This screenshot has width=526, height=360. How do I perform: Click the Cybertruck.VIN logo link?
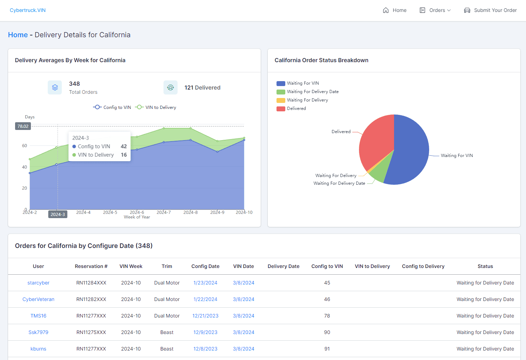click(28, 10)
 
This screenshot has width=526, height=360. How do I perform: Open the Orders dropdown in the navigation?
click(435, 10)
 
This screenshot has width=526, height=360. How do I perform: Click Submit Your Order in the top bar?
click(490, 10)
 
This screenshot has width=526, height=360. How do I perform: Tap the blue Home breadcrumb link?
click(18, 34)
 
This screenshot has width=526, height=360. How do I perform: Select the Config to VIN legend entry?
click(112, 107)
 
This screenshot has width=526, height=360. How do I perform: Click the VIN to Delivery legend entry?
click(156, 107)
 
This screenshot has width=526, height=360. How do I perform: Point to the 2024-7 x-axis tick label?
click(164, 212)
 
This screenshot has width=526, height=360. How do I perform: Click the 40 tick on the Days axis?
click(25, 167)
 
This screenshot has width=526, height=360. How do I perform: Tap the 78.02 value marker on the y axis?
click(23, 126)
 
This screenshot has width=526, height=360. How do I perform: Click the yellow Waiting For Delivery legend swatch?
click(281, 100)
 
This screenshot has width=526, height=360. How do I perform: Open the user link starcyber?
click(38, 283)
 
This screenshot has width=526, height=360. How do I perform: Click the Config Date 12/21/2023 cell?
click(205, 316)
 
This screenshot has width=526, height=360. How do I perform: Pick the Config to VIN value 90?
click(327, 332)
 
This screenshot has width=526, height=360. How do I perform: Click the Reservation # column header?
click(91, 266)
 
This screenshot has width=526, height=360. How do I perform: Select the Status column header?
click(485, 266)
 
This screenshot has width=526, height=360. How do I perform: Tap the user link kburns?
click(38, 349)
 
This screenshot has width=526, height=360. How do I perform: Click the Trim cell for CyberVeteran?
click(167, 299)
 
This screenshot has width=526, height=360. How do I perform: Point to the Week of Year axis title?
click(137, 217)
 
